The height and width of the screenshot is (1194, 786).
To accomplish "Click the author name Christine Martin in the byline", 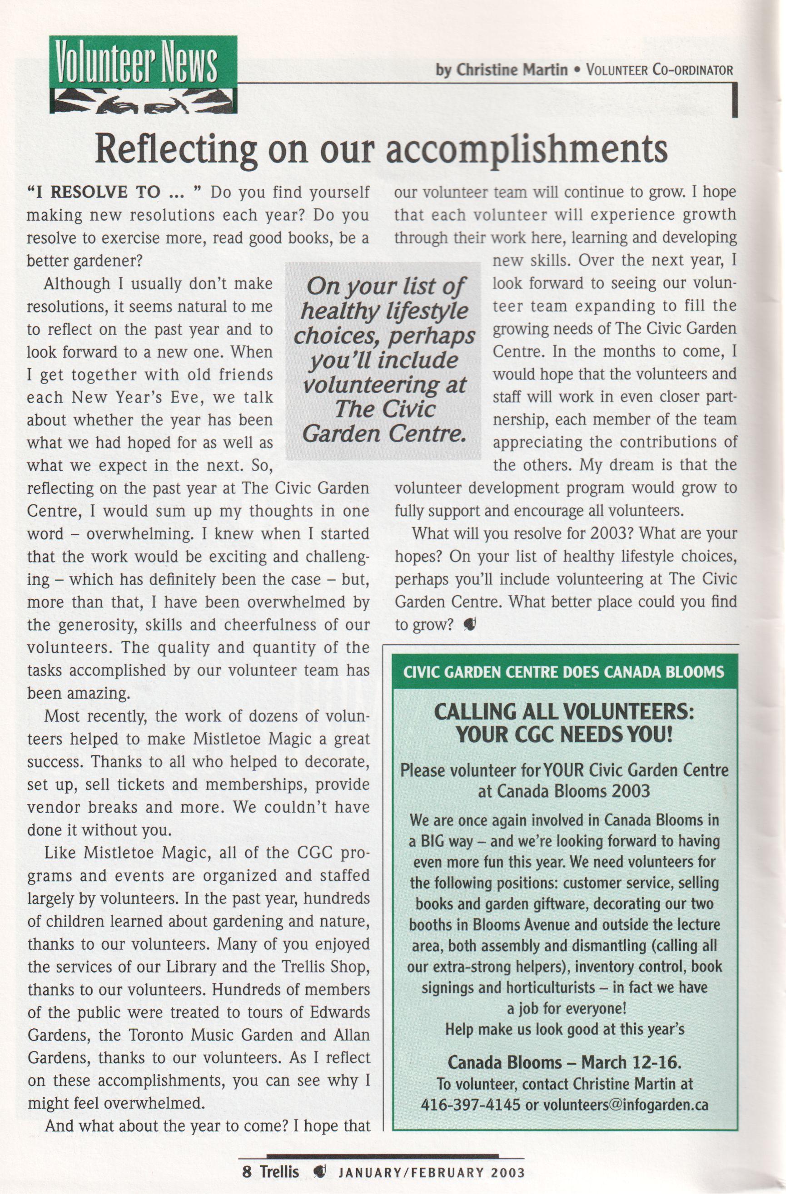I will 512,70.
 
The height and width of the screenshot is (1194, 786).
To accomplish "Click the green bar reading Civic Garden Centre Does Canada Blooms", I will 564,672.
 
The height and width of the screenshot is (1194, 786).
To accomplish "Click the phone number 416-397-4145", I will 470,1104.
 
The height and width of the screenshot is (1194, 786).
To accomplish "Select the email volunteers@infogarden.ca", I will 625,1104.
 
